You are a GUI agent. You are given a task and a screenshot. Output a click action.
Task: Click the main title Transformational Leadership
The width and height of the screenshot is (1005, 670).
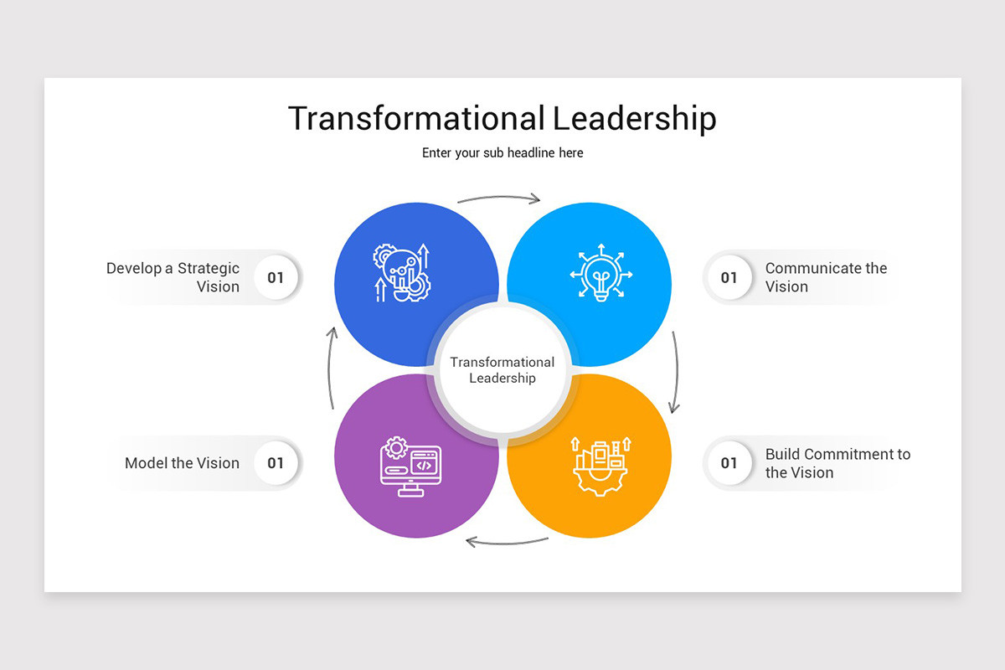tap(502, 118)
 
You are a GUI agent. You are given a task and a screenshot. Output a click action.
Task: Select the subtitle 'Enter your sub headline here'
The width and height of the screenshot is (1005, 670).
tap(502, 153)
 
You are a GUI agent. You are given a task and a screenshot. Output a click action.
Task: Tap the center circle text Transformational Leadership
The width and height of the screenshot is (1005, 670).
tap(502, 370)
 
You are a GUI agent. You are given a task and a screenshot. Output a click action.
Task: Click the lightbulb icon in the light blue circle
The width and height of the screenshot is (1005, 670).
tap(601, 272)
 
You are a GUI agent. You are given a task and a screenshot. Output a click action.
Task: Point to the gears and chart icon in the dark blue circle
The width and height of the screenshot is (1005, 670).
tap(401, 272)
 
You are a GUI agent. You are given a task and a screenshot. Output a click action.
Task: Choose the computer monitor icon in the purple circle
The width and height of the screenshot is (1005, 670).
tap(410, 466)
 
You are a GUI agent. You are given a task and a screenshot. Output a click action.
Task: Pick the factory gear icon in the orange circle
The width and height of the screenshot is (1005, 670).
tap(601, 466)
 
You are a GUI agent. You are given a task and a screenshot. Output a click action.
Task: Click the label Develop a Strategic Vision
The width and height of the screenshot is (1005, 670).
tap(173, 277)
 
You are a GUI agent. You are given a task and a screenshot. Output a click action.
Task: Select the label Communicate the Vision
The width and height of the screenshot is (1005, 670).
tap(826, 277)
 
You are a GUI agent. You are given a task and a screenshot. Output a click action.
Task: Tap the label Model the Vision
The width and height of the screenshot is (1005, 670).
tap(183, 463)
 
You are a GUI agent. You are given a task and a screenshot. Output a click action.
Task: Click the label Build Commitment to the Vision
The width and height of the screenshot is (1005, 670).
tap(837, 463)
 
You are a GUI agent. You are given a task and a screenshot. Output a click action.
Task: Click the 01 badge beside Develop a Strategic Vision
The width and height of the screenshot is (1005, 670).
tap(276, 277)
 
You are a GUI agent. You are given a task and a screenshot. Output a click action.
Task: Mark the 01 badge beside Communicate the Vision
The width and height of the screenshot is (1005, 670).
tap(729, 277)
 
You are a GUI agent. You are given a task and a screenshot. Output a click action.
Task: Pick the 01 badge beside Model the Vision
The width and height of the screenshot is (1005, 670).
tap(276, 463)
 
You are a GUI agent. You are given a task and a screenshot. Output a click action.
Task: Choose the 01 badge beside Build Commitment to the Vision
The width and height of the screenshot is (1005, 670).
tap(729, 463)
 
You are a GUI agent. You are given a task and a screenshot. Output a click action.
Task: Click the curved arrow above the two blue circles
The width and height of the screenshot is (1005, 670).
tap(499, 197)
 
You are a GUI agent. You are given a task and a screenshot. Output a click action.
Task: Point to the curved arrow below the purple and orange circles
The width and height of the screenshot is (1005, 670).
tap(507, 544)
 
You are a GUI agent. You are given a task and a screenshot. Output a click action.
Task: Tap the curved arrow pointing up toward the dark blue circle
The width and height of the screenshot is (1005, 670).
tap(329, 368)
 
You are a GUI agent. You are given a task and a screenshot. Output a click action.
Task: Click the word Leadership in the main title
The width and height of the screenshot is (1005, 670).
tap(635, 118)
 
